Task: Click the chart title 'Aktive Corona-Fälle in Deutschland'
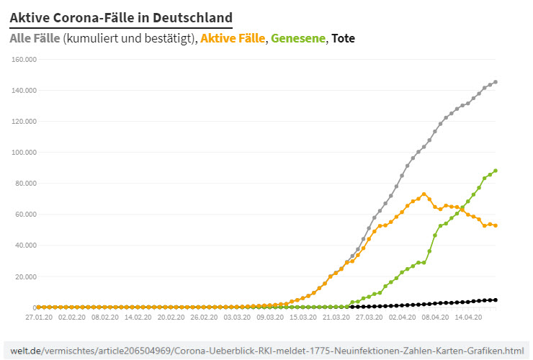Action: [x=121, y=17]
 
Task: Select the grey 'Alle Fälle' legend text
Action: [x=35, y=38]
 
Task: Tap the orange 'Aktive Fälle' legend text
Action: [x=233, y=38]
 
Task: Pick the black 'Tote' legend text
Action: [x=343, y=38]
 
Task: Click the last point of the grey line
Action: [x=496, y=82]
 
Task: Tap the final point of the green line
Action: [x=496, y=171]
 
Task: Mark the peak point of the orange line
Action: [x=424, y=194]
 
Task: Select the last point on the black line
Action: [x=496, y=300]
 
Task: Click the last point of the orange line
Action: [x=496, y=225]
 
